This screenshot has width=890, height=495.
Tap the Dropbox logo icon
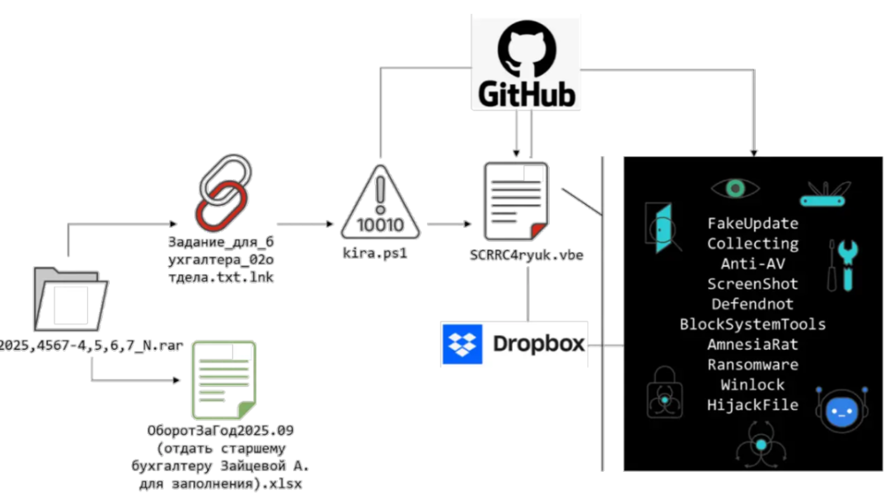(463, 344)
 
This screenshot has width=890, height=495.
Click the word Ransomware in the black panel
(752, 365)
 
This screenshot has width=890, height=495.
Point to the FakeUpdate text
(752, 224)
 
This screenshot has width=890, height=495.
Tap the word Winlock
(752, 384)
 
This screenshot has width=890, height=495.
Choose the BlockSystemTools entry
(752, 324)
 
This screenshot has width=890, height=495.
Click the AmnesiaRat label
(752, 344)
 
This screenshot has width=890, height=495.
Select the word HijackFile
(752, 405)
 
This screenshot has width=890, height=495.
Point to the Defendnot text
(752, 304)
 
